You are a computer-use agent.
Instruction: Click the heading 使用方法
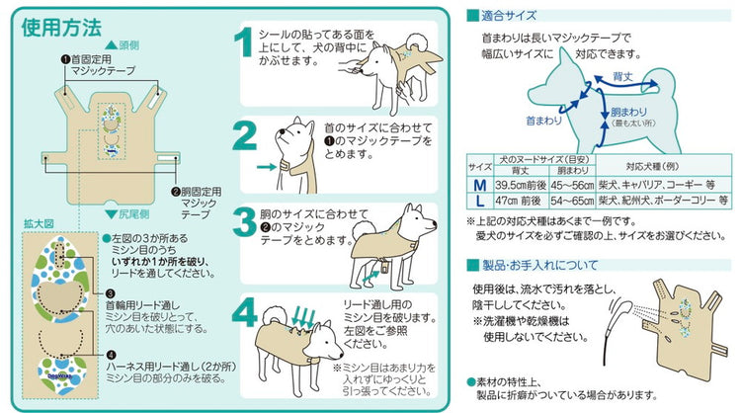point(62,27)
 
